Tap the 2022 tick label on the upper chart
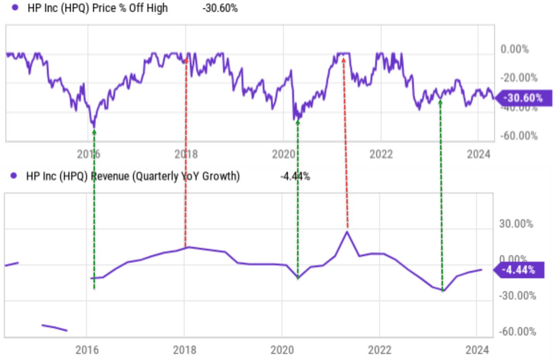(x=381, y=154)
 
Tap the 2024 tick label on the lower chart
(x=477, y=350)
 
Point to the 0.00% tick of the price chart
(x=514, y=49)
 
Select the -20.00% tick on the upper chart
(x=519, y=78)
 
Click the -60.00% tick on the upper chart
(x=519, y=136)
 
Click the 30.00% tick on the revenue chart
(x=516, y=224)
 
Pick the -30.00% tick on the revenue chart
(x=517, y=296)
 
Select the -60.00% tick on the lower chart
(x=517, y=332)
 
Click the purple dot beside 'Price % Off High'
(x=15, y=7)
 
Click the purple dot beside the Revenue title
(x=14, y=176)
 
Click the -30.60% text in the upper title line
(x=220, y=8)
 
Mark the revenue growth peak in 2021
(x=347, y=232)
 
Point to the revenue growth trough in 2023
(x=443, y=291)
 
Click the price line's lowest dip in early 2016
(x=93, y=126)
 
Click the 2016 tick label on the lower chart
(x=87, y=350)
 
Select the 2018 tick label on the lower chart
(x=184, y=350)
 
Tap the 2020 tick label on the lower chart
(x=282, y=350)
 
